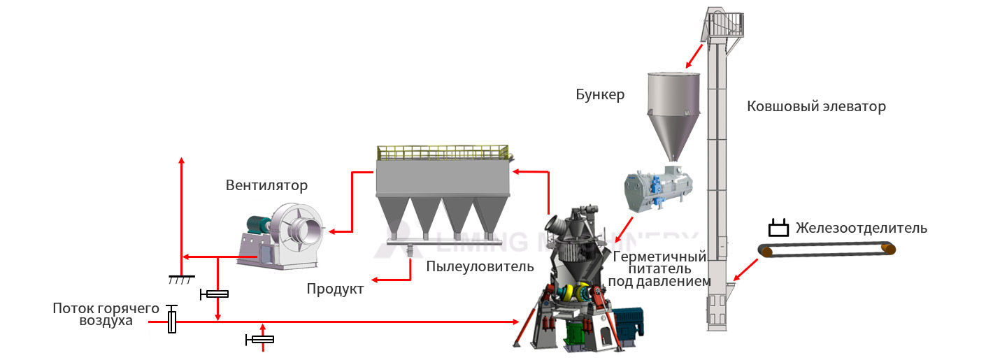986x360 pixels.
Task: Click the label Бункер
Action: click(600, 94)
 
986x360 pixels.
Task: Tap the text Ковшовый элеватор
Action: click(816, 107)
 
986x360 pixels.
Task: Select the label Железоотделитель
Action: click(862, 228)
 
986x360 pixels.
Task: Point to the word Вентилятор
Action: click(266, 185)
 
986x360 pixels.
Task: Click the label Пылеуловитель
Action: click(480, 266)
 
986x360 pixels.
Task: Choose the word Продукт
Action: click(335, 289)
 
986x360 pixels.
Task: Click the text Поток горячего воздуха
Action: click(98, 315)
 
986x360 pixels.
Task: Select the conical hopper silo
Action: click(672, 112)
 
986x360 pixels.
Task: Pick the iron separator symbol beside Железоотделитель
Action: click(778, 229)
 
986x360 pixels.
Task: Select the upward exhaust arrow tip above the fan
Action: click(181, 160)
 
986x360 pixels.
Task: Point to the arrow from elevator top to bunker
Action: click(695, 53)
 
